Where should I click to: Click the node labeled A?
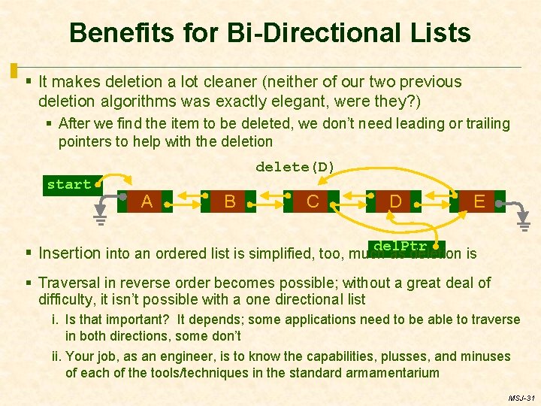[x=147, y=201]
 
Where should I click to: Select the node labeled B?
[x=230, y=201]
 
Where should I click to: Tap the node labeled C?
[x=313, y=201]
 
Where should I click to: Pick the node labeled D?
[x=395, y=201]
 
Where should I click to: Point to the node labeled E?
[x=479, y=201]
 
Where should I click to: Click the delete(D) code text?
[x=295, y=166]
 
